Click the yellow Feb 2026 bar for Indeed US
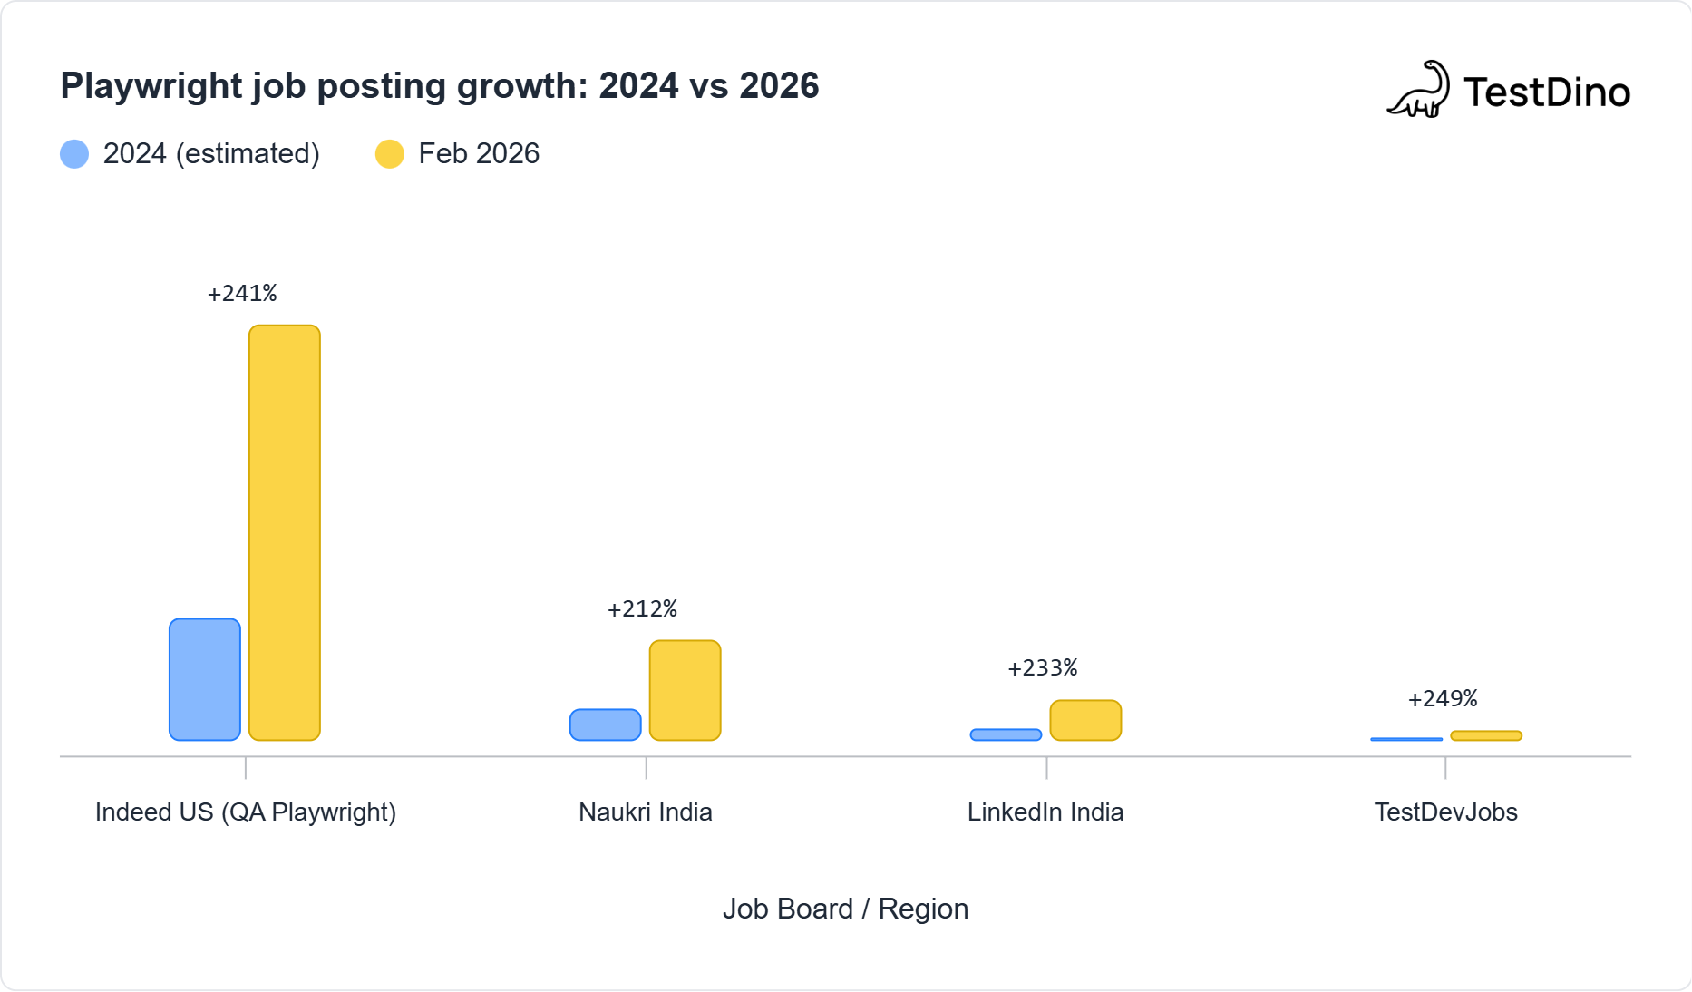pos(285,533)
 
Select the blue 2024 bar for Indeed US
pos(205,679)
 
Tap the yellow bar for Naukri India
pos(686,690)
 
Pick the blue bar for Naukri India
pos(606,725)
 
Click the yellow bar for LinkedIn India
pos(1085,720)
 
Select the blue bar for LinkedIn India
pos(1006,734)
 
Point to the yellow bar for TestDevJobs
pos(1486,735)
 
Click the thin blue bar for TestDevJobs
pos(1406,739)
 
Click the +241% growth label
pos(242,293)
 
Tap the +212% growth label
pos(642,608)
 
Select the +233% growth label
pos(1043,668)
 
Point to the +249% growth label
pos(1443,698)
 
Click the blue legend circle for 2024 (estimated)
pos(74,154)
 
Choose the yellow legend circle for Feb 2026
pos(390,154)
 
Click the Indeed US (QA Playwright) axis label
pos(246,812)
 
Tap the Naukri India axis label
pos(646,812)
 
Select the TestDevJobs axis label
pos(1445,812)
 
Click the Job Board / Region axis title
pos(845,909)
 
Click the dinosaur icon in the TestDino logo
pos(1419,91)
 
